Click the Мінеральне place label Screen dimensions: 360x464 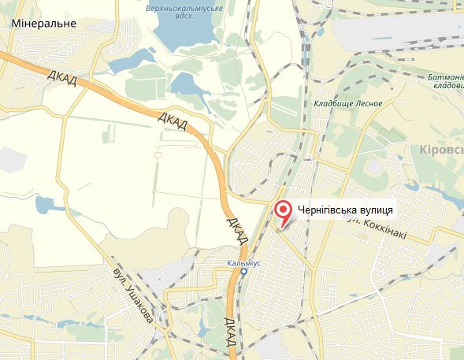point(44,24)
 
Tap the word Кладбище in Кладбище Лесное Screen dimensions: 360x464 point(334,103)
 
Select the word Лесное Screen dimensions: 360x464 point(369,103)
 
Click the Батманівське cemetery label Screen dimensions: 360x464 point(444,77)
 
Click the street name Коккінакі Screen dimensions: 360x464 point(388,224)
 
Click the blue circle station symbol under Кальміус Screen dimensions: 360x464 point(243,271)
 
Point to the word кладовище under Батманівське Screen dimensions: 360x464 point(446,86)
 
